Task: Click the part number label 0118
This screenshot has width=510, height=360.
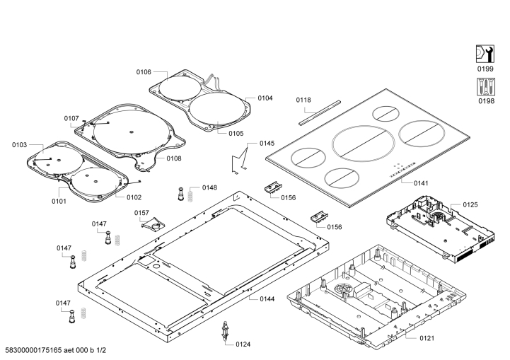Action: click(x=303, y=100)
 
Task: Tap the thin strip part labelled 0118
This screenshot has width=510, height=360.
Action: click(x=319, y=112)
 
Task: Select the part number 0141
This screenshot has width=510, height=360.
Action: click(x=421, y=183)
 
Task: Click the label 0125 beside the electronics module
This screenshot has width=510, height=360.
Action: click(x=470, y=204)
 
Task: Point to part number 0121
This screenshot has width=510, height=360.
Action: click(x=427, y=339)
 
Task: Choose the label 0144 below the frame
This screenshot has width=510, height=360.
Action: click(x=267, y=299)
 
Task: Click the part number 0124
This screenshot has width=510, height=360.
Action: click(x=243, y=344)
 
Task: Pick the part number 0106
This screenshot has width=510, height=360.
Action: click(x=144, y=71)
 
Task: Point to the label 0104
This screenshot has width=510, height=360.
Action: click(x=265, y=98)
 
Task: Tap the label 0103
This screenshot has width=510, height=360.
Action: click(x=19, y=145)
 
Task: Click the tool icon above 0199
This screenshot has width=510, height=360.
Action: click(x=484, y=54)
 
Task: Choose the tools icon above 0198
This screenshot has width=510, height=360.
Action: click(x=484, y=87)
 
